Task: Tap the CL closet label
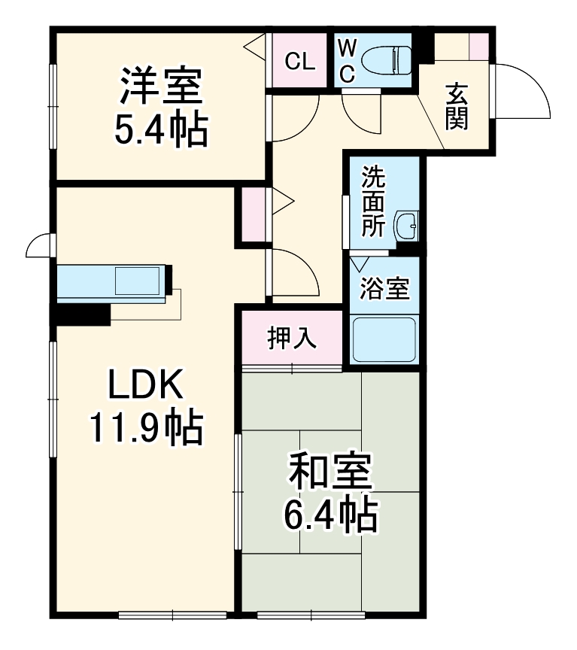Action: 299,62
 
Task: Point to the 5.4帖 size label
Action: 160,129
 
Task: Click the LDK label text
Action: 146,386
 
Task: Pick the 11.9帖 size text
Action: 146,428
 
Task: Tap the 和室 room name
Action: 329,472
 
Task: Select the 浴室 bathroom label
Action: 384,289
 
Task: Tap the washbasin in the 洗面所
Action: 407,224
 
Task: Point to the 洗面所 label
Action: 372,202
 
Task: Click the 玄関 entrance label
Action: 456,105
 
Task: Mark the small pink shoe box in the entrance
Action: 478,47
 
